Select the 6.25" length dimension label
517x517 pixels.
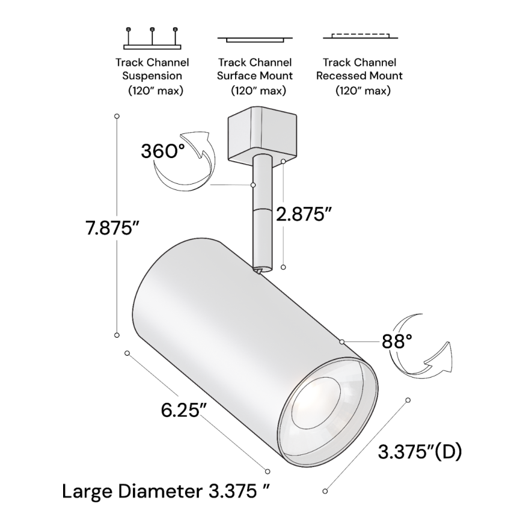[x=184, y=411]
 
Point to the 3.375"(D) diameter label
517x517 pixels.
[x=420, y=450]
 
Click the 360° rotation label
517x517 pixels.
[x=163, y=150]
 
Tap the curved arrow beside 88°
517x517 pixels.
[x=421, y=349]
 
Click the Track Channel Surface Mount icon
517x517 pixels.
[x=255, y=40]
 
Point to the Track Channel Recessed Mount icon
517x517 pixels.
[x=359, y=36]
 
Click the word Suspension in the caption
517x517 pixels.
[x=152, y=76]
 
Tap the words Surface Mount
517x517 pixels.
[x=255, y=76]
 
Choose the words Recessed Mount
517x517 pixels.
[x=359, y=76]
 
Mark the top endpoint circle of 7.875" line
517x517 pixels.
[x=117, y=115]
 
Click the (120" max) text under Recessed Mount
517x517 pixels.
[x=363, y=91]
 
